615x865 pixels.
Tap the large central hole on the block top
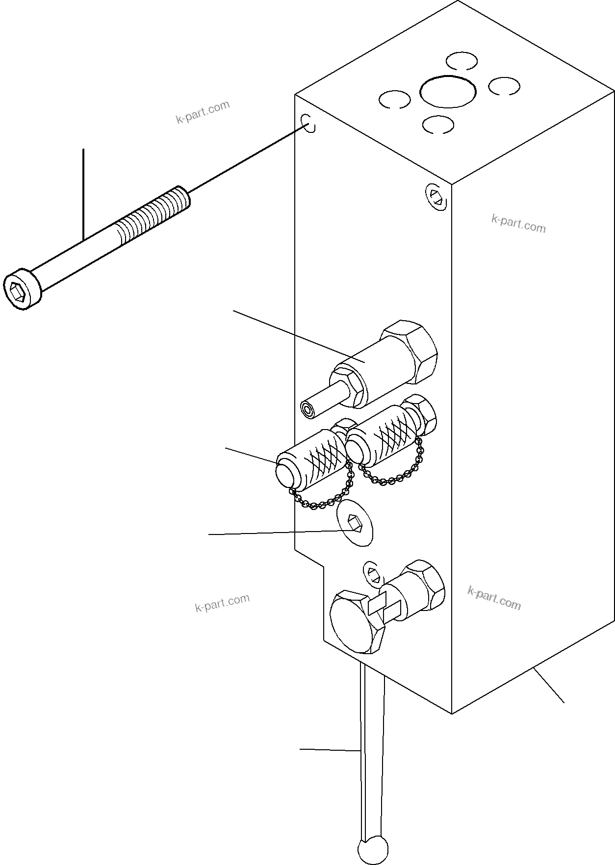448,92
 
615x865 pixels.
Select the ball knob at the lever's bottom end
372,849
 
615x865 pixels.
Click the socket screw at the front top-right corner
436,197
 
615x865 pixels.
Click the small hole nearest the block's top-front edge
436,125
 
